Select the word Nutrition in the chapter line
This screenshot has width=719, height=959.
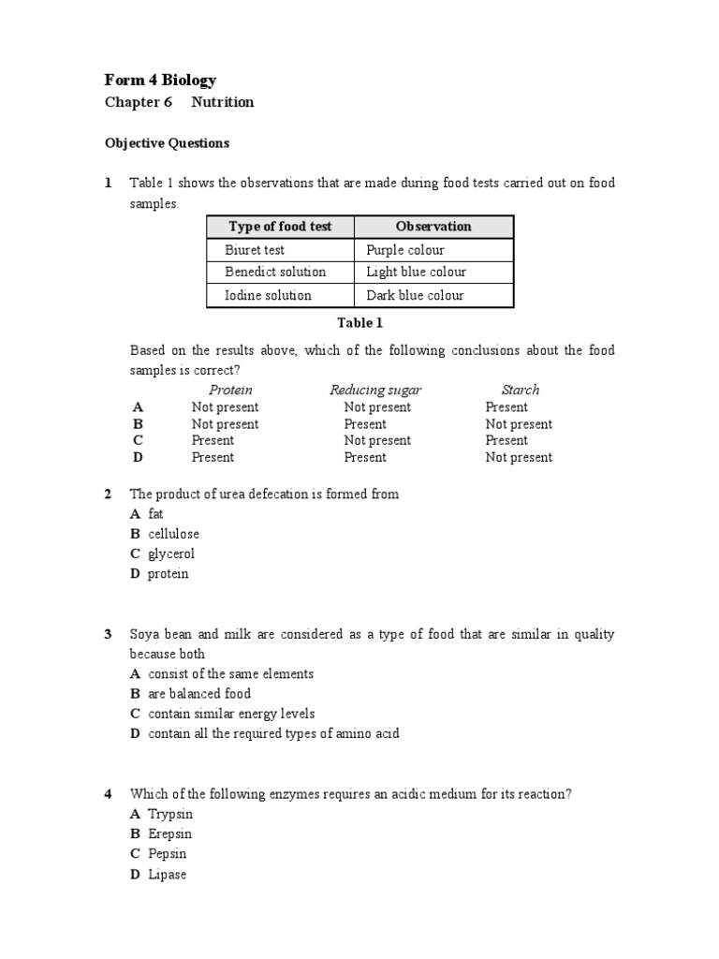tap(223, 102)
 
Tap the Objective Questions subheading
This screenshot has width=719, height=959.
tap(166, 143)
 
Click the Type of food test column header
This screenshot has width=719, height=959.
tap(280, 227)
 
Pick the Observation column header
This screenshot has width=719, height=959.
tap(433, 227)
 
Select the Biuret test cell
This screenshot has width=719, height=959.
tap(255, 250)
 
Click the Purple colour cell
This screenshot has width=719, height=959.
tap(405, 250)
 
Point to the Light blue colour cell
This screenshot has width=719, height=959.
tap(416, 272)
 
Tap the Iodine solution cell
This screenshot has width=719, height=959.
tap(268, 295)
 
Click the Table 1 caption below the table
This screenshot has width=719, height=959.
tap(359, 323)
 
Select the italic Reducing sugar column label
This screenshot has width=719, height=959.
tap(375, 390)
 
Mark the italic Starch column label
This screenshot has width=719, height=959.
tap(521, 390)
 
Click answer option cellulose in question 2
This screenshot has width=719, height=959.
tap(173, 534)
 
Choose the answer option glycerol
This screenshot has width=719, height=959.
tap(171, 553)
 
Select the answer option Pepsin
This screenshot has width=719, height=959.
tap(168, 853)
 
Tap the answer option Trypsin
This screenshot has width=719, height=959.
tap(170, 814)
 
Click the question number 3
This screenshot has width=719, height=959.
tap(108, 634)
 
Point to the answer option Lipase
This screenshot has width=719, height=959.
tap(168, 874)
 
